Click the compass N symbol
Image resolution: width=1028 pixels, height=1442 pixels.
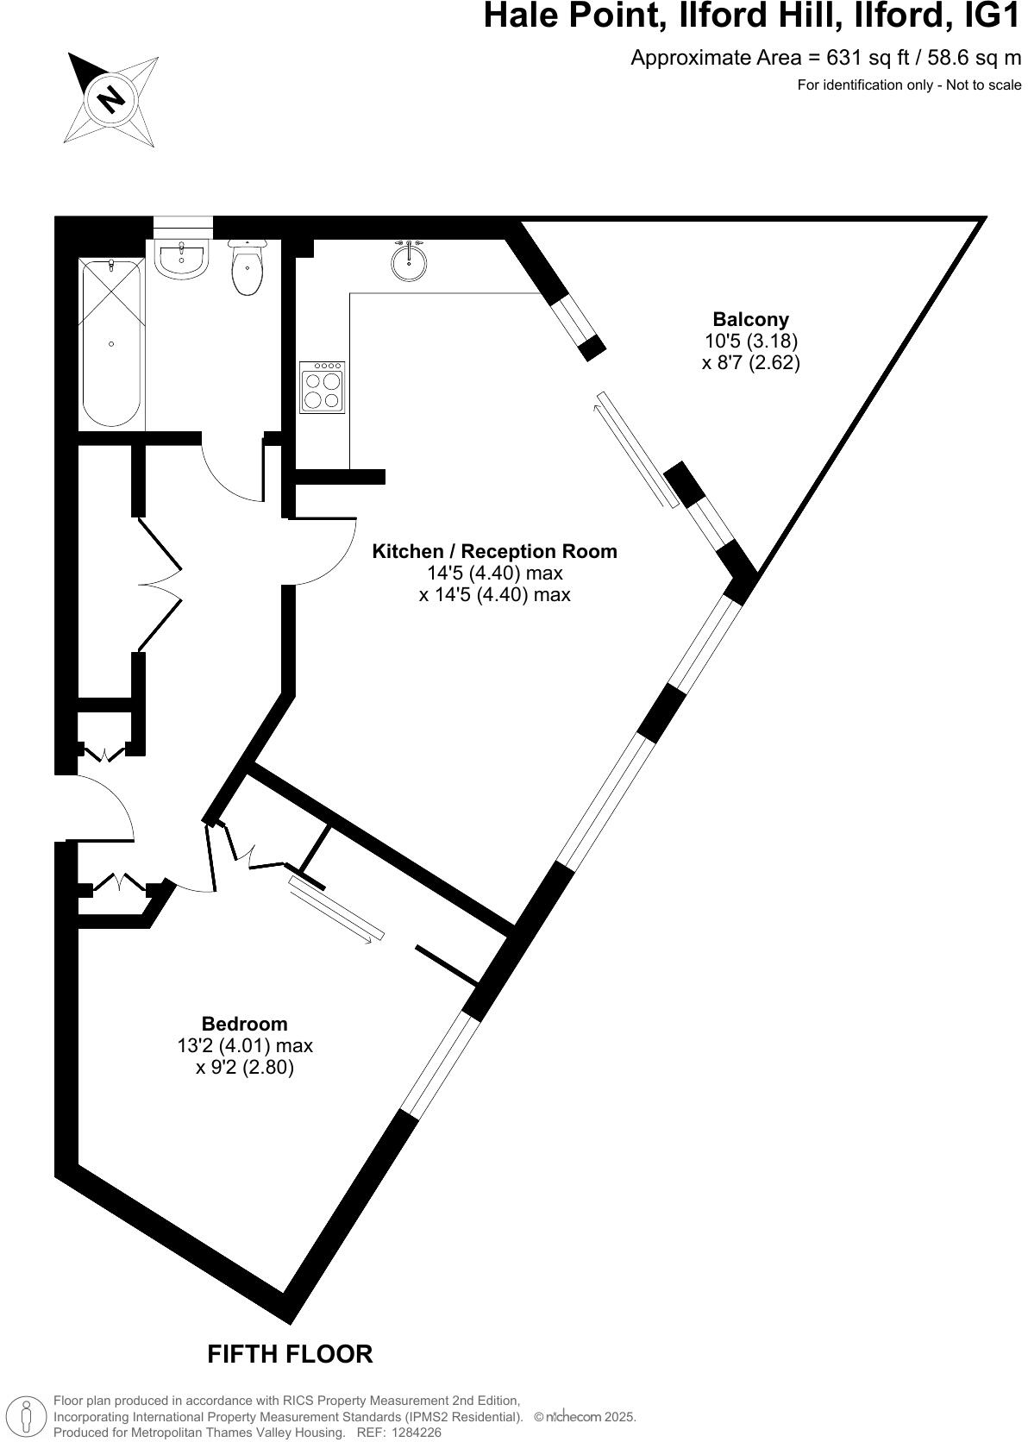coord(110,98)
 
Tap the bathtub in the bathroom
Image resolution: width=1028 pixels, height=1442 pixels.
coord(111,343)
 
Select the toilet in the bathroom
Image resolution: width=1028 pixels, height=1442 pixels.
coord(248,268)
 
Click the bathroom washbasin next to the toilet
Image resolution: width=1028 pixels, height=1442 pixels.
coord(182,258)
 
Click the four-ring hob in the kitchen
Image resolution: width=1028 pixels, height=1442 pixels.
coord(322,388)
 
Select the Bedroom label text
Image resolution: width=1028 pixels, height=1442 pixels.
coord(244,1024)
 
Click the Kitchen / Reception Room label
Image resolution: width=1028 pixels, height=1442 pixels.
coord(494,551)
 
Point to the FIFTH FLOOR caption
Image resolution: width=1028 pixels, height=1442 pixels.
coord(290,1354)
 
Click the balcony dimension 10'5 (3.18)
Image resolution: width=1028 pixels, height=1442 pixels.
coord(750,341)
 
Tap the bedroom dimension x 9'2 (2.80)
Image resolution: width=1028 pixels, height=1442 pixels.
coord(245,1068)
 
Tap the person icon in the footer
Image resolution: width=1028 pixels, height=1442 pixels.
coord(28,1417)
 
